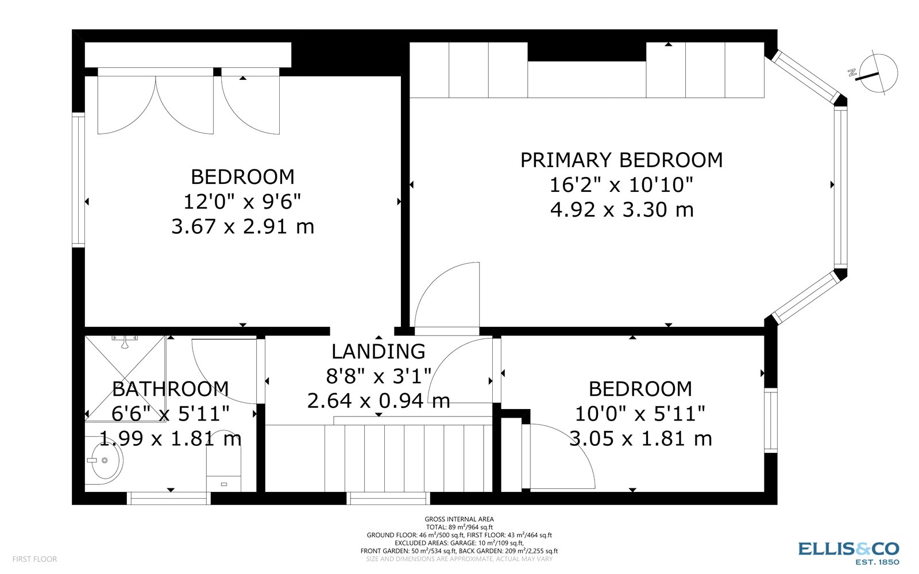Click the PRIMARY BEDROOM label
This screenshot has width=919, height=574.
pos(621,160)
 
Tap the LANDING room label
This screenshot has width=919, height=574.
pos(379,351)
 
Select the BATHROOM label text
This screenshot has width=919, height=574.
pos(171,389)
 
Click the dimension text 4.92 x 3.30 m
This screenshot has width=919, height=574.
pos(621,210)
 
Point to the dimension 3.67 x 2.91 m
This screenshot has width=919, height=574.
pos(242,226)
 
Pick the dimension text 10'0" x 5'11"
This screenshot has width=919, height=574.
pos(640,414)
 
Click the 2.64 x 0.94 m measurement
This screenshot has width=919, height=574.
pos(379,400)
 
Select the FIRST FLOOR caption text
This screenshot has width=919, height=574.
pos(34,558)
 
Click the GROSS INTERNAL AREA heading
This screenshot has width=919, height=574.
pos(459,519)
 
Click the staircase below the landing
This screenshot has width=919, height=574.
pos(408,458)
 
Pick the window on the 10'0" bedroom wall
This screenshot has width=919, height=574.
pos(770,420)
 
